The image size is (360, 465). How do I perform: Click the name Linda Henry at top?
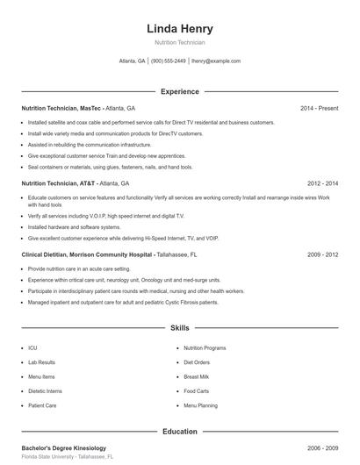[179, 28]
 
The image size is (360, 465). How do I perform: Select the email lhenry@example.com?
[216, 61]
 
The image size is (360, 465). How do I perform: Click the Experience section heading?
[179, 91]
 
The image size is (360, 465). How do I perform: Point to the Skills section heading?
[179, 328]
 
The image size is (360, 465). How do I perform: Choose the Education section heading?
[179, 432]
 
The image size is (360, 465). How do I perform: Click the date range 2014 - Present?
[319, 109]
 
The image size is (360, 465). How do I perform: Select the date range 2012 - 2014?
[323, 184]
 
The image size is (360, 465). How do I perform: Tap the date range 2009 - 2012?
[323, 254]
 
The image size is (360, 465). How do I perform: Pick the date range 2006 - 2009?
[323, 448]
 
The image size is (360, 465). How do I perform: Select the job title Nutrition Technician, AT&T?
[59, 184]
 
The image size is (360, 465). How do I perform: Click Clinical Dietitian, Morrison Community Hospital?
[88, 254]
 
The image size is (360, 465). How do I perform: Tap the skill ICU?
[32, 347]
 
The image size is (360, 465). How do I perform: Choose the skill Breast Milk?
[196, 376]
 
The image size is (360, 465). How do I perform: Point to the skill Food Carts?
[196, 391]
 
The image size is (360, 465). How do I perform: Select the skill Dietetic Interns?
[45, 391]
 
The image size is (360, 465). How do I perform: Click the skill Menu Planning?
[200, 406]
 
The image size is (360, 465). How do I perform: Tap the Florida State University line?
[68, 457]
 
